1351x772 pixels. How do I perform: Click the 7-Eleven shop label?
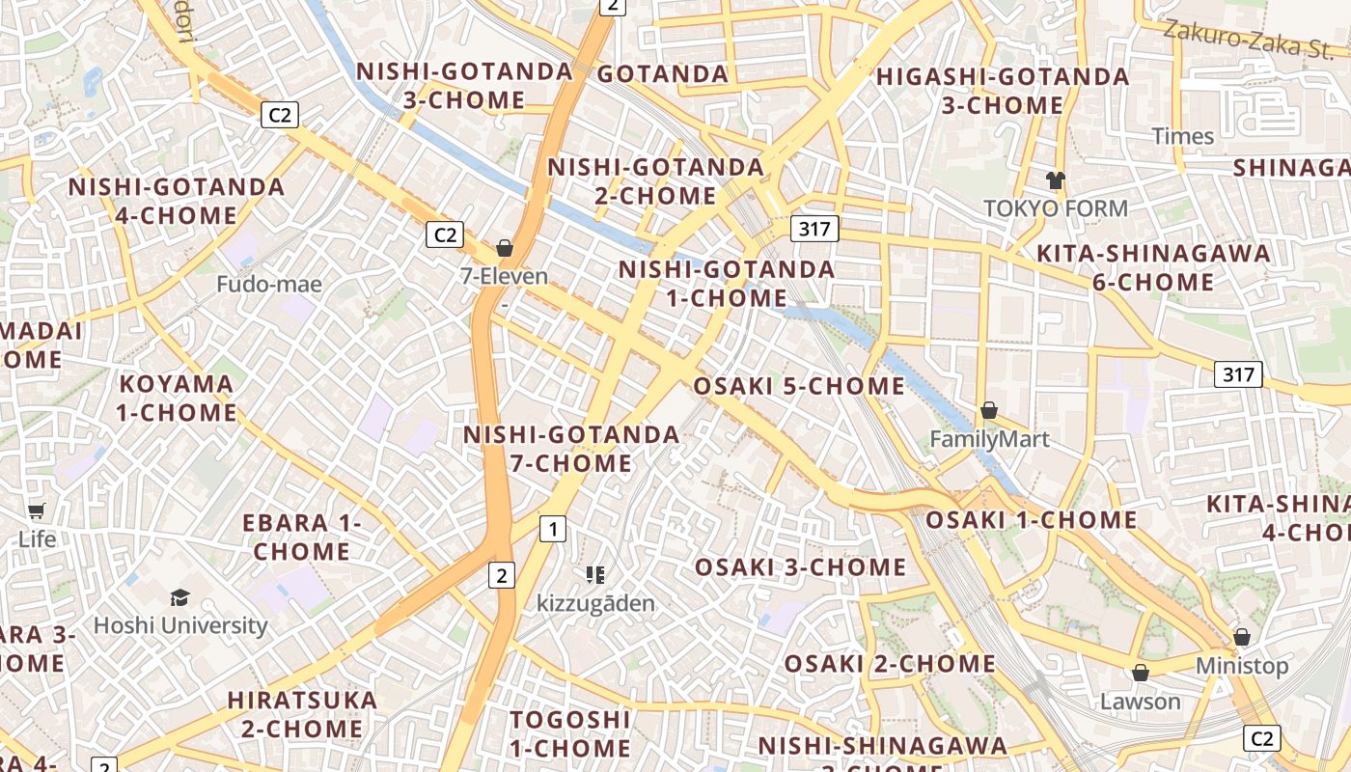tap(504, 277)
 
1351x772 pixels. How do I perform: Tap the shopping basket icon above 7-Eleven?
tap(504, 248)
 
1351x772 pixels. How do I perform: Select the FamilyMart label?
tap(989, 440)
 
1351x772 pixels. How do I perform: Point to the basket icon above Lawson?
tap(1141, 673)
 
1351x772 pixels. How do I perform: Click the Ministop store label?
tap(1241, 666)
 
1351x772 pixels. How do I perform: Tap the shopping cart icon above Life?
tap(37, 510)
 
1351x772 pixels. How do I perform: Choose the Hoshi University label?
tap(180, 625)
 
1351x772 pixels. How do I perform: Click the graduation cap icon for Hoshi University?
tap(180, 597)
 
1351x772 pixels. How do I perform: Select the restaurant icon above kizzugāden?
tap(595, 575)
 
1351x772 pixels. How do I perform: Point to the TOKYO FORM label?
tap(1055, 208)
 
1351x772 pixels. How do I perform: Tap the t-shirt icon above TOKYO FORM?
tap(1055, 179)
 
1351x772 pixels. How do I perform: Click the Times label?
tap(1182, 136)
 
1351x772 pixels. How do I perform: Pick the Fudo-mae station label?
tap(269, 285)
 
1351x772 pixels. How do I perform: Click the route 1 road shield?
tap(553, 529)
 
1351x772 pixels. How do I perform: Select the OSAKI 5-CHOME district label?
tap(799, 387)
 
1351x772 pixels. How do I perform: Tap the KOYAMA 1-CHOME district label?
tap(178, 399)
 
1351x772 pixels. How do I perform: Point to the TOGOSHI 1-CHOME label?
tap(570, 733)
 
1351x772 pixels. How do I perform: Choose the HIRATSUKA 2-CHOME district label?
tap(302, 714)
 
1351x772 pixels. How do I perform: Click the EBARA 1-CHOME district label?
tap(302, 538)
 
